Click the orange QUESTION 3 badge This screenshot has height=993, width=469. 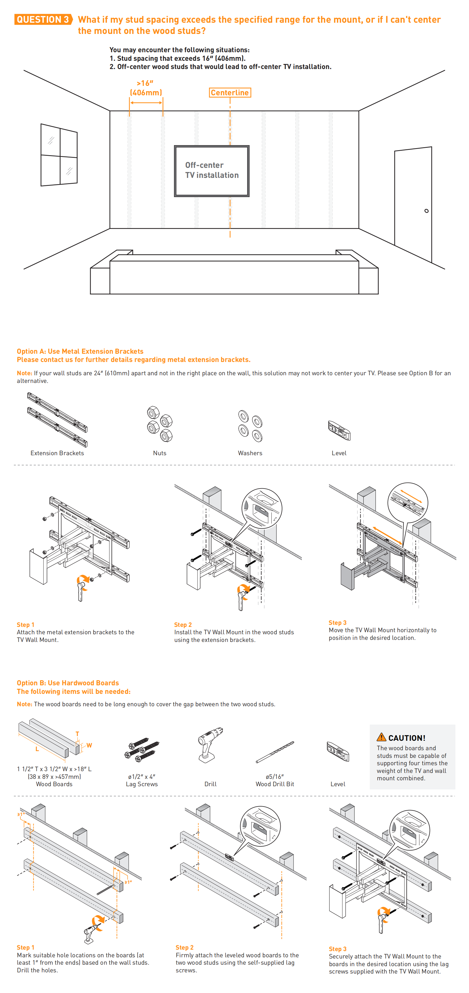coord(43,19)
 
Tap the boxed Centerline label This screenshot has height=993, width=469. coord(230,93)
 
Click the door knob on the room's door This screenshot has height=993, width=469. coord(426,211)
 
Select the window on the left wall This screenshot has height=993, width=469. coord(59,155)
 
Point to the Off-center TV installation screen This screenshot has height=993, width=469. coord(211,171)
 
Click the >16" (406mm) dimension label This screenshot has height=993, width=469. coord(146,88)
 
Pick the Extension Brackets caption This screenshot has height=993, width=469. coord(57,453)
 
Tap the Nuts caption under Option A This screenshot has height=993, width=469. coord(159,453)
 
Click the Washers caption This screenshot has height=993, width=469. coord(250,453)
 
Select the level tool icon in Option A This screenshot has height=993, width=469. coord(339,430)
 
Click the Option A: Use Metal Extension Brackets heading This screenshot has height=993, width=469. coord(80,351)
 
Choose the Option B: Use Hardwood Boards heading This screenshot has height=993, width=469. coord(68,683)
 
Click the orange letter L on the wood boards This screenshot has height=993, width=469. coord(37,749)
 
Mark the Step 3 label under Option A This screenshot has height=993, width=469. coord(337,622)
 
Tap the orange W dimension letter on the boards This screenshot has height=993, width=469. coord(89,745)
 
